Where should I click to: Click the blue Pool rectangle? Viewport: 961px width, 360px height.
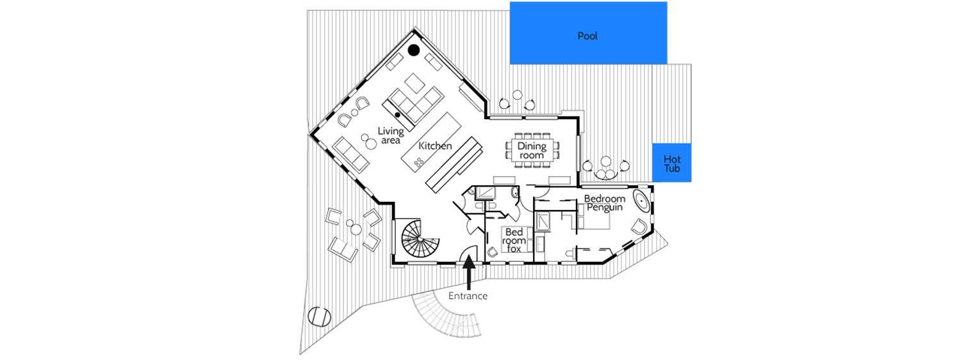[588, 33]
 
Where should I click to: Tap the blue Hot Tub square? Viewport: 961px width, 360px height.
[671, 163]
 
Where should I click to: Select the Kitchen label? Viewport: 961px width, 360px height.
[435, 146]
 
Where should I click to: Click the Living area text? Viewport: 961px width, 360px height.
[390, 135]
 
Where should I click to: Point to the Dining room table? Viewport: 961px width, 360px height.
[531, 151]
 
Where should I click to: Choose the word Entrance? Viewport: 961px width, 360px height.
[468, 296]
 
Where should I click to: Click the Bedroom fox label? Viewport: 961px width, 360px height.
[515, 240]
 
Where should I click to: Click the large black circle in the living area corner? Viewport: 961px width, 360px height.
[414, 49]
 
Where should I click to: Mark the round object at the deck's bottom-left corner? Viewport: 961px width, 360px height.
[318, 316]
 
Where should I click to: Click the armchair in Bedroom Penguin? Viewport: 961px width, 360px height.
[639, 225]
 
